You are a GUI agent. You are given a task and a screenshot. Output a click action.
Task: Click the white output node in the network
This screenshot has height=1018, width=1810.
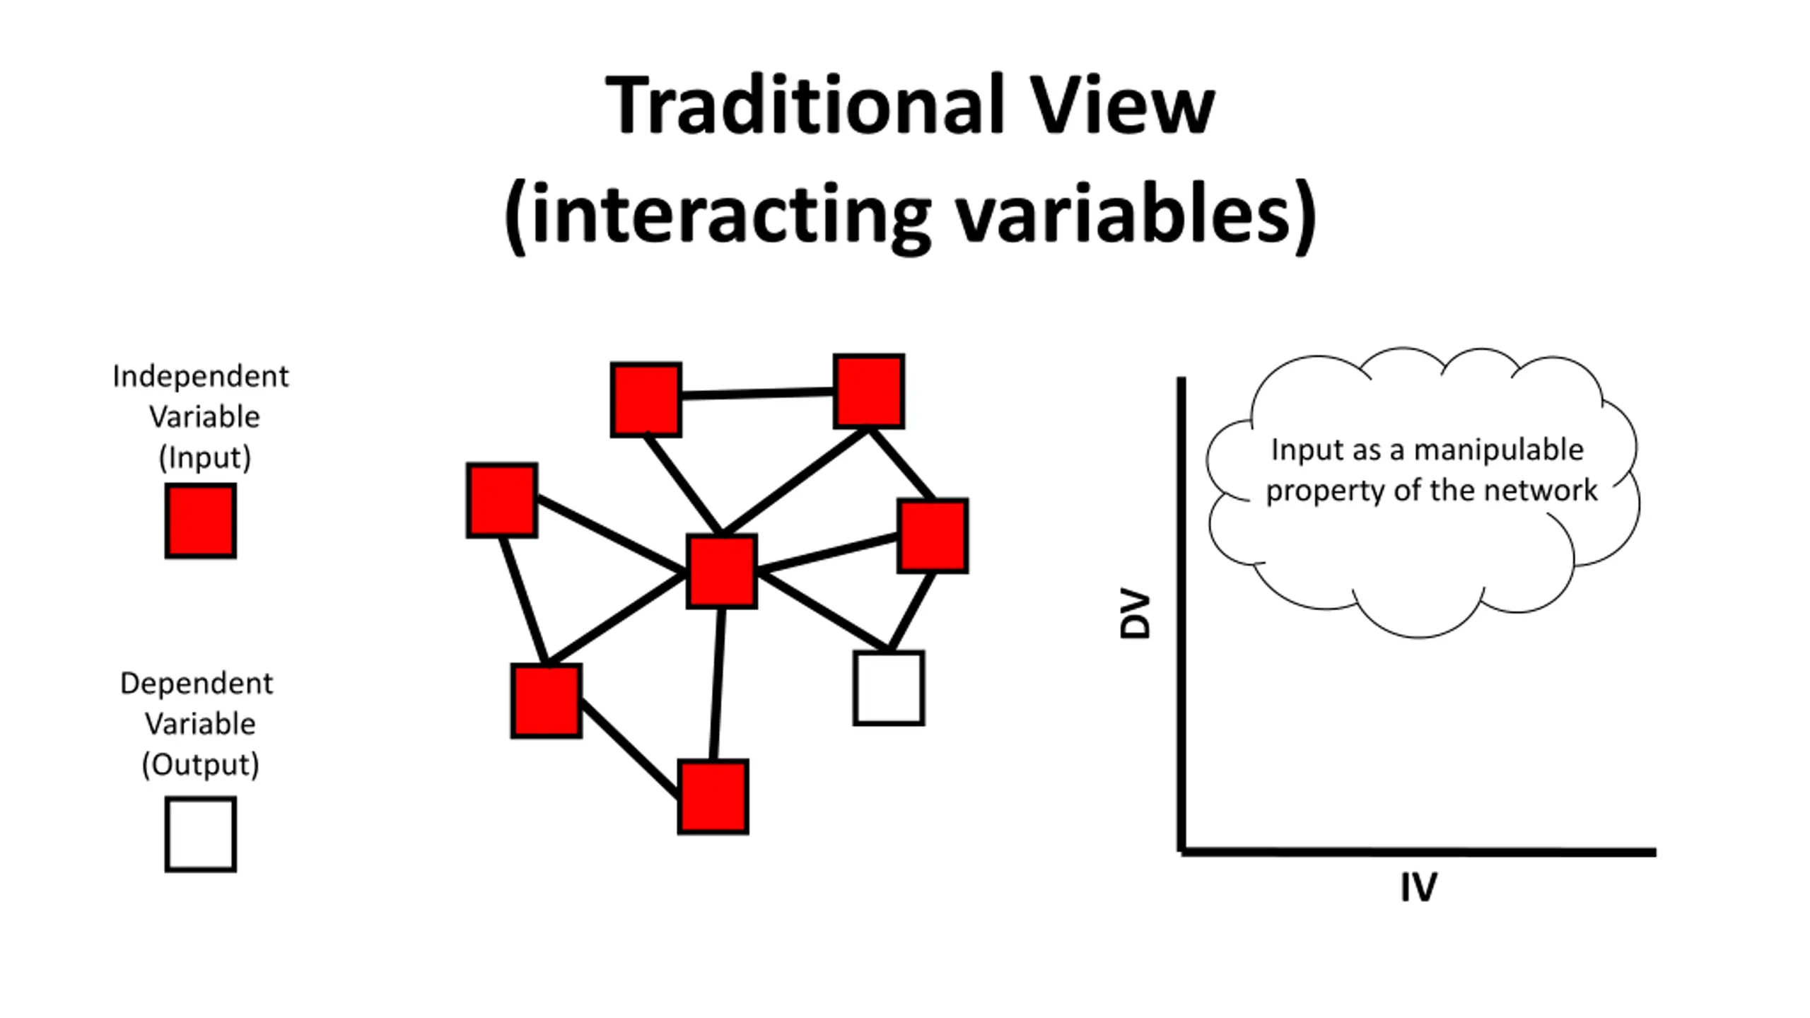pos(889,688)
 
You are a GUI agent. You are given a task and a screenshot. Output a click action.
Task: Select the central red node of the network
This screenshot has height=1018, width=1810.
pos(721,571)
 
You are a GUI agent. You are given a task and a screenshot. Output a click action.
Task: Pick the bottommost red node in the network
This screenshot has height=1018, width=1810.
pos(713,797)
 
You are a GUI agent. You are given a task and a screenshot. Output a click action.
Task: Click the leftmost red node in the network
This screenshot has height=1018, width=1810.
pos(502,500)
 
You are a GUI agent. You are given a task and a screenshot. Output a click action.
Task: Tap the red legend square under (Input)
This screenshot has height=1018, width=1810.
pos(201,521)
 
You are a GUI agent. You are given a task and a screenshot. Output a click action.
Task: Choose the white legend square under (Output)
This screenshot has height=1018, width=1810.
pos(201,834)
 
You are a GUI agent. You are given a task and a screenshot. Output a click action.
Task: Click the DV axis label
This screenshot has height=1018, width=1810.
pos(1135,614)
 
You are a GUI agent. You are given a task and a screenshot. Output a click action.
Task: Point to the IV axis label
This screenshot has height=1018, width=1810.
pos(1418,887)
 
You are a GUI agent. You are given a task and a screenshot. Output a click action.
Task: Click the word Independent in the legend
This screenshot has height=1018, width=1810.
pos(201,377)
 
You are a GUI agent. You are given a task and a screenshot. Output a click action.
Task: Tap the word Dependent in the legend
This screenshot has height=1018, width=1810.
pos(197,684)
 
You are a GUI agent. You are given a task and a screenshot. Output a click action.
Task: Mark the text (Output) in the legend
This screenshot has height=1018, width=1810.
pos(201,765)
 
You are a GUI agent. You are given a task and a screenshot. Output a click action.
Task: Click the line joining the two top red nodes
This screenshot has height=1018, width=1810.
pos(757,393)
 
